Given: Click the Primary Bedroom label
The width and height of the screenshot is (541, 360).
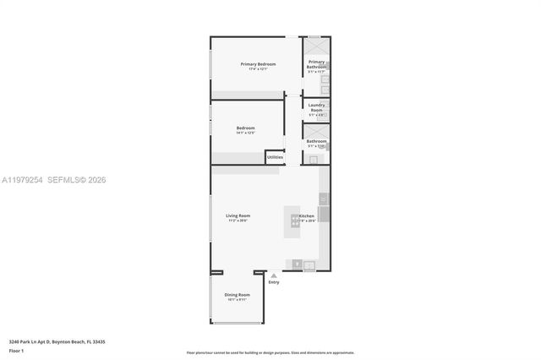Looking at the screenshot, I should pos(258,64).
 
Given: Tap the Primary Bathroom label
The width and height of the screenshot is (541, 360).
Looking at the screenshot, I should pos(316,63).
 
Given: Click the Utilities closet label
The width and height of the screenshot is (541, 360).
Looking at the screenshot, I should pos(275,156).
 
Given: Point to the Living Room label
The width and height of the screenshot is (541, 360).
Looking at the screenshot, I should pos(238,215).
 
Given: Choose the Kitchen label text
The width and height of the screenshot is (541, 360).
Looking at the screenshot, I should pos(307,216).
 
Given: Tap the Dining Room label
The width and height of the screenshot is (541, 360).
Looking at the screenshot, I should pos(238,295).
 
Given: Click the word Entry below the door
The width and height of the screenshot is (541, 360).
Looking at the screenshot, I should pos(273,281).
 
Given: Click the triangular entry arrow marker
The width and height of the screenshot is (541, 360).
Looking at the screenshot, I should pos(273,274).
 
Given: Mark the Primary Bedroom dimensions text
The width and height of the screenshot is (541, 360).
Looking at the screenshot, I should pos(258,69).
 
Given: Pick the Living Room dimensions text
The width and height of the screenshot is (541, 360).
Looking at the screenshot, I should pos(238,221).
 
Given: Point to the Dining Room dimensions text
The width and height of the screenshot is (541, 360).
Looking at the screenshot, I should pos(238,300).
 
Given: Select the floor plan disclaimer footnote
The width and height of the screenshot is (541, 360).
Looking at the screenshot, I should pos(270,353).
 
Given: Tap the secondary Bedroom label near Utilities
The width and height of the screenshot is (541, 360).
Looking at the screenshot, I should pos(245,128).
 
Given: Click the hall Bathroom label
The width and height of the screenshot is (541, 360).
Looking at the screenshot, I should pos(316,142).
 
